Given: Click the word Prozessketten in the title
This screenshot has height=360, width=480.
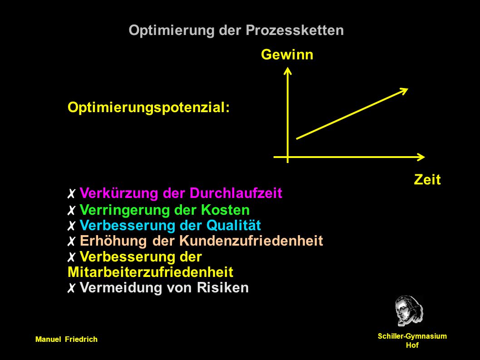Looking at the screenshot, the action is (x=294, y=30).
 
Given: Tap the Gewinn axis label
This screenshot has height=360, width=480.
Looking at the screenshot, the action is (x=287, y=54).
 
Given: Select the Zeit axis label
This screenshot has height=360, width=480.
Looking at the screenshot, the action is (x=427, y=179).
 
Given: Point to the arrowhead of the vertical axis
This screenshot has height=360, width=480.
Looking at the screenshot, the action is (x=288, y=71).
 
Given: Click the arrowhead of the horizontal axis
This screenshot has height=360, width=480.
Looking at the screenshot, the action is (x=421, y=157).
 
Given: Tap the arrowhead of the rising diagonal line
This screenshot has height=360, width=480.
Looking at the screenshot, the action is (x=404, y=91).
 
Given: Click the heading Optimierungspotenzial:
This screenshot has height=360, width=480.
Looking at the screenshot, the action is (x=149, y=108).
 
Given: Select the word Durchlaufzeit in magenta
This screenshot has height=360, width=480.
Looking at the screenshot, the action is (x=236, y=193).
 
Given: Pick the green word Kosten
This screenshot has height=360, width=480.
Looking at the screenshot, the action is (x=225, y=210).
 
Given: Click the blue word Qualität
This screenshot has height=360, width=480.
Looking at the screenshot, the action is (x=234, y=226).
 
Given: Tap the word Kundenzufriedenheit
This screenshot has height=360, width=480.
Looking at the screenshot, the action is (x=251, y=241).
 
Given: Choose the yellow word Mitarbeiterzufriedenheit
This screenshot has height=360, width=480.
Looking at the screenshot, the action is (x=151, y=272).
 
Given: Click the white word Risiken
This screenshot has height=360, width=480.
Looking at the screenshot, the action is (x=223, y=288).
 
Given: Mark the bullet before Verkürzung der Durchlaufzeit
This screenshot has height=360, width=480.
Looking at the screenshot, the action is (x=71, y=194).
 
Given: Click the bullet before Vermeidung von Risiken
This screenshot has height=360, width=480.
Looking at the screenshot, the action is (x=71, y=288).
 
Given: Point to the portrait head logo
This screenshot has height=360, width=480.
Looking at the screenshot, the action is (x=409, y=311).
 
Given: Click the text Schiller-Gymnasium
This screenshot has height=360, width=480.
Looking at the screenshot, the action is (x=412, y=336).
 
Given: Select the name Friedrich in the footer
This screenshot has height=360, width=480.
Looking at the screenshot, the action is (x=81, y=340).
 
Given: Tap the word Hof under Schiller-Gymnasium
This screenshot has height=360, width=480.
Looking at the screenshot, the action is (x=412, y=345).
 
